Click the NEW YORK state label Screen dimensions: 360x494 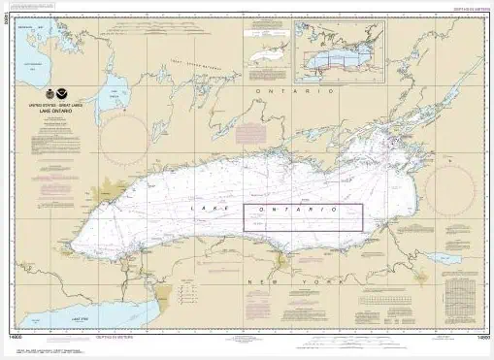[281, 280]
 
